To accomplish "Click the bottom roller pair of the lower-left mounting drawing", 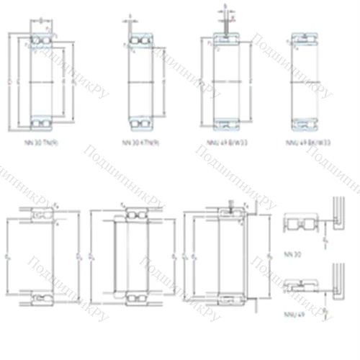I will pyautogui.click(x=39, y=297).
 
